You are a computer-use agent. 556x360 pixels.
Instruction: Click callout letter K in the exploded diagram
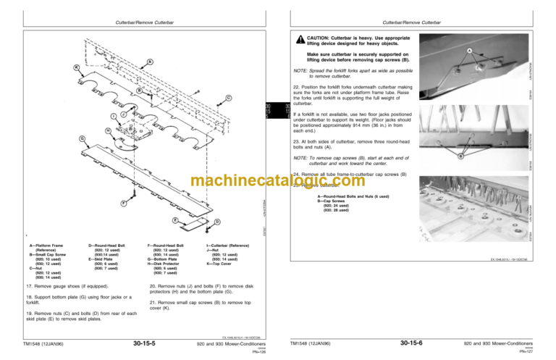[x=77, y=67]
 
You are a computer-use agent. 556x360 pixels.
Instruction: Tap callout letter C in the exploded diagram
[x=229, y=98]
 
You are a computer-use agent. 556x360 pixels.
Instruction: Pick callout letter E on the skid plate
[x=176, y=219]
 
